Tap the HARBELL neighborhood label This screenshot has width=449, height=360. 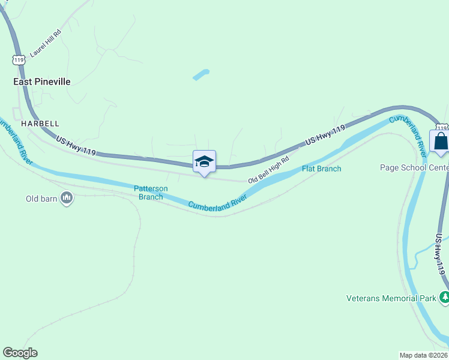pos(40,122)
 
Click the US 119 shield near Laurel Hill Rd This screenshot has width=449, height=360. pos(17,60)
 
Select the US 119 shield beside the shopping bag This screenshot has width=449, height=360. pos(442,127)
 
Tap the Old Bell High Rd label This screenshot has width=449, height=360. pos(269,170)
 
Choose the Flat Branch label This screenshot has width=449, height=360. pos(321,169)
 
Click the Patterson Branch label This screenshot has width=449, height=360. pos(150,193)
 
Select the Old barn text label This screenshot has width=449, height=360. pos(41,198)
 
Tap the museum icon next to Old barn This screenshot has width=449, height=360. pos(67,198)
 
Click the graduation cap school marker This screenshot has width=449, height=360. pos(204,161)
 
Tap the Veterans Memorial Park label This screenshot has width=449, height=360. pos(391,298)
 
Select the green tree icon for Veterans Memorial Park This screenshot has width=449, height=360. pos(444,297)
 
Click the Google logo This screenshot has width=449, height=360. pos(20,353)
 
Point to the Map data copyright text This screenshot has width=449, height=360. pos(424,355)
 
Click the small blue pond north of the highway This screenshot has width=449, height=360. pos(200,75)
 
